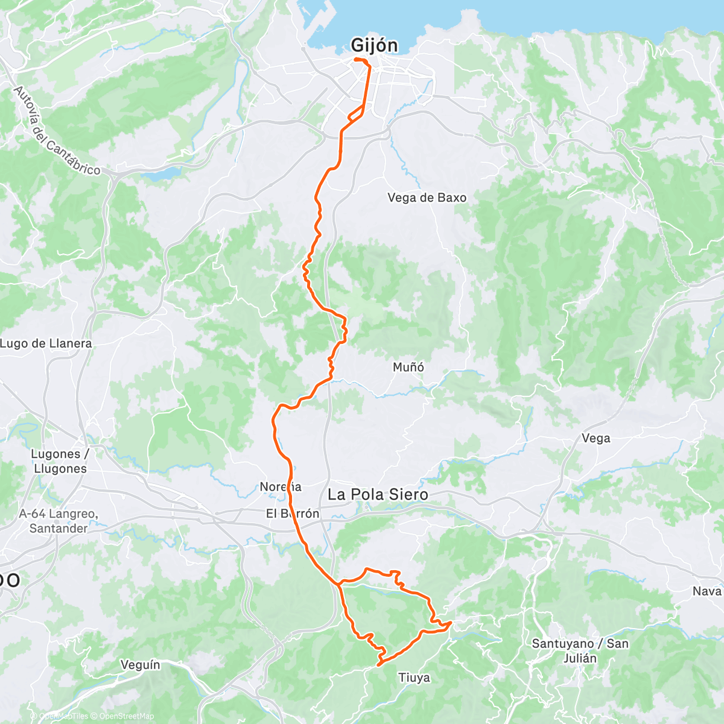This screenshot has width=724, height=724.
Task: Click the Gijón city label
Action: coord(375,45)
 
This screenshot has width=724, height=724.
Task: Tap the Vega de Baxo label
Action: coord(427,197)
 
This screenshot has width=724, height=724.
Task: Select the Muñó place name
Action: coord(408,367)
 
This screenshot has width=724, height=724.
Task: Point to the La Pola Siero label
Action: coord(378,495)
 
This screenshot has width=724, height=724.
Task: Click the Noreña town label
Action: coord(280,486)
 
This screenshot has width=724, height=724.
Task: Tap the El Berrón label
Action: coord(293,514)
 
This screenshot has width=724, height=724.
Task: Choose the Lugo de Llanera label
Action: coord(46,343)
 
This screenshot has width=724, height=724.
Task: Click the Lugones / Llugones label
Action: coord(60,461)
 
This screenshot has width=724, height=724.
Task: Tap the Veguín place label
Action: coord(140,665)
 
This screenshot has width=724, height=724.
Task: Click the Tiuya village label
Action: coord(414,678)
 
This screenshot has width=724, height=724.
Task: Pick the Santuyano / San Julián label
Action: coord(579,650)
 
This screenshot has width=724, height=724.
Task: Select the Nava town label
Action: coord(707,591)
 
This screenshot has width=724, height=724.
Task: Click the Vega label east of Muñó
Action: coord(595,438)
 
